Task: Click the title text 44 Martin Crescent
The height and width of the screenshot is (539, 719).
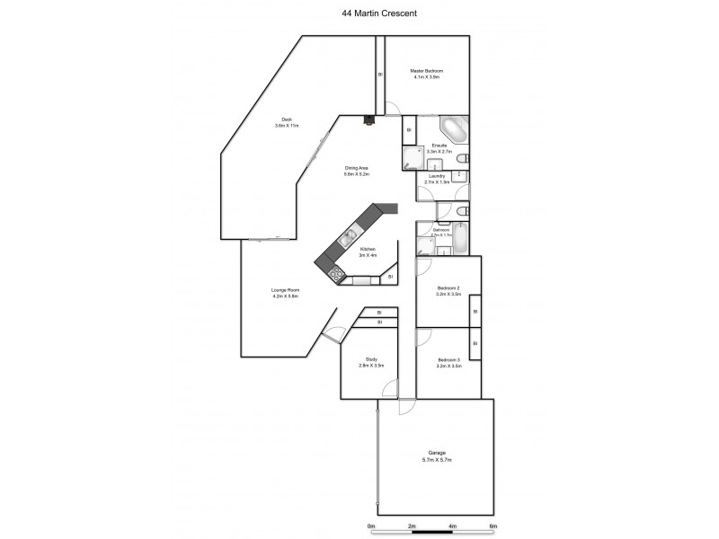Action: (359, 13)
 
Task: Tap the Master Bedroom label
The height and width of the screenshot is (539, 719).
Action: (427, 71)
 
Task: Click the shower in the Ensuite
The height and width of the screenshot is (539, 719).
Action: (413, 158)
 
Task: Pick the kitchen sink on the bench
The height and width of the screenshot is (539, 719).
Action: (347, 238)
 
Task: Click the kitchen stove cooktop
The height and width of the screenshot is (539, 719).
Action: (336, 274)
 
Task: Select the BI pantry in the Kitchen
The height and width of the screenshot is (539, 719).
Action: (391, 277)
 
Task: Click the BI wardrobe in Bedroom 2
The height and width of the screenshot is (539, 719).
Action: (475, 312)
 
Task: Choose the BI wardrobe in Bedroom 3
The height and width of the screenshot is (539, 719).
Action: (475, 344)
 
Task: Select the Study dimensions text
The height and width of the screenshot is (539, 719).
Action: (372, 366)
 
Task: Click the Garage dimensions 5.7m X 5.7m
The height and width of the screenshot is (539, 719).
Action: (437, 459)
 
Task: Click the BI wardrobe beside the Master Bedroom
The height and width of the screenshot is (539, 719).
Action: (379, 74)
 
